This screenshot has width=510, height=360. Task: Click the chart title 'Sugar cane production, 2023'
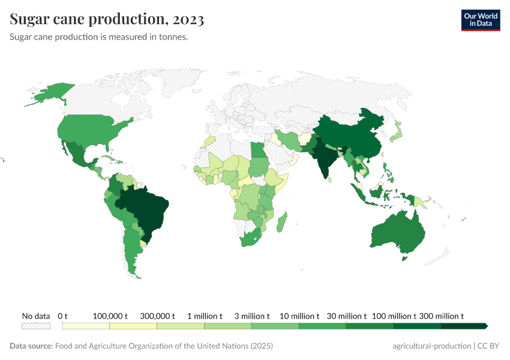107,20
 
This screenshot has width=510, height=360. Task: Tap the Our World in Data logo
480,20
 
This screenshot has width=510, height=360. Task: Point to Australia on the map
398,234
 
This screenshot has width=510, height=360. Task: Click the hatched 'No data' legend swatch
35,326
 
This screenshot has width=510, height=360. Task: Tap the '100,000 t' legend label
110,316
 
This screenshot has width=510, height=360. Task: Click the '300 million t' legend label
441,316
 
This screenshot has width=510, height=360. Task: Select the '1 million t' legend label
205,316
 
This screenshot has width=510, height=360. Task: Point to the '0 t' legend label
63,316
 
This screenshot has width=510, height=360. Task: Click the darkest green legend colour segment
464,326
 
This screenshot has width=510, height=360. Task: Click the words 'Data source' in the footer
31,346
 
